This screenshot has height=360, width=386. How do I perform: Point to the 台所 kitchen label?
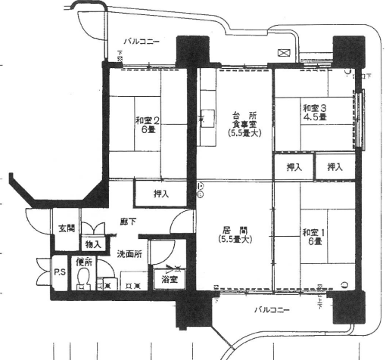[244, 114]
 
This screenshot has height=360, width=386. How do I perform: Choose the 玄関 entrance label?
[66, 228]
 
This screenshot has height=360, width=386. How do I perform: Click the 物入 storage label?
[93, 244]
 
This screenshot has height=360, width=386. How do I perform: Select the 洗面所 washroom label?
[129, 254]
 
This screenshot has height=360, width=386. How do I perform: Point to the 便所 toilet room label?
[83, 262]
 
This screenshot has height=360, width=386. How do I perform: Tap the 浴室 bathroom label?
[170, 280]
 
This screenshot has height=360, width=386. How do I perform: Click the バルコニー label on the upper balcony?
[142, 42]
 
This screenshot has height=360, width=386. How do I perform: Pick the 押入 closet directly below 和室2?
[161, 194]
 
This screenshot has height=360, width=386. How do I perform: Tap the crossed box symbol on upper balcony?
[284, 53]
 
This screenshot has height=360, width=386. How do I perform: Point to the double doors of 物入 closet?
[94, 229]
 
